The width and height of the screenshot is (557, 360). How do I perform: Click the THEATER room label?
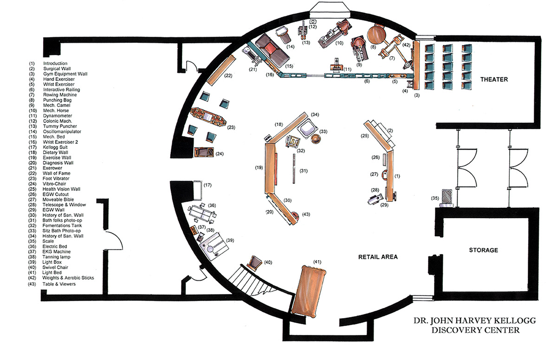[x=494, y=79]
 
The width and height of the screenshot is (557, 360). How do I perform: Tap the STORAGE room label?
[x=483, y=250]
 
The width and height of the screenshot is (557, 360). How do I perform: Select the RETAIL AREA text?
[x=378, y=257]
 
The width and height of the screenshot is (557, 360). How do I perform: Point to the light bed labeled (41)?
[x=308, y=291]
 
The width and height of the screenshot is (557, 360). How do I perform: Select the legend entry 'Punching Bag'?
[x=57, y=100]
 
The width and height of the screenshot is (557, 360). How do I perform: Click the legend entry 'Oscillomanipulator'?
[x=62, y=132]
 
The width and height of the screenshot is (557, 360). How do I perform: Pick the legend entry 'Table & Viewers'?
[x=59, y=284]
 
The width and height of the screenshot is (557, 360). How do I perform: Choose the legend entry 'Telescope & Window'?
[x=64, y=205]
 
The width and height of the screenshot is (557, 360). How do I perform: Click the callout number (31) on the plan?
[x=304, y=171]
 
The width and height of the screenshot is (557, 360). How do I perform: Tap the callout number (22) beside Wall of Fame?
[x=228, y=76]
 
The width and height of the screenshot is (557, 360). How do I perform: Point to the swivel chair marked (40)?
[x=255, y=263]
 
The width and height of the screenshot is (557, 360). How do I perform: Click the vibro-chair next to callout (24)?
[x=204, y=152]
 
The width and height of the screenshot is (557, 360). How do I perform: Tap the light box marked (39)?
[x=214, y=246]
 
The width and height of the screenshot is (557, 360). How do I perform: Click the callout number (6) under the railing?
[x=367, y=81]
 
